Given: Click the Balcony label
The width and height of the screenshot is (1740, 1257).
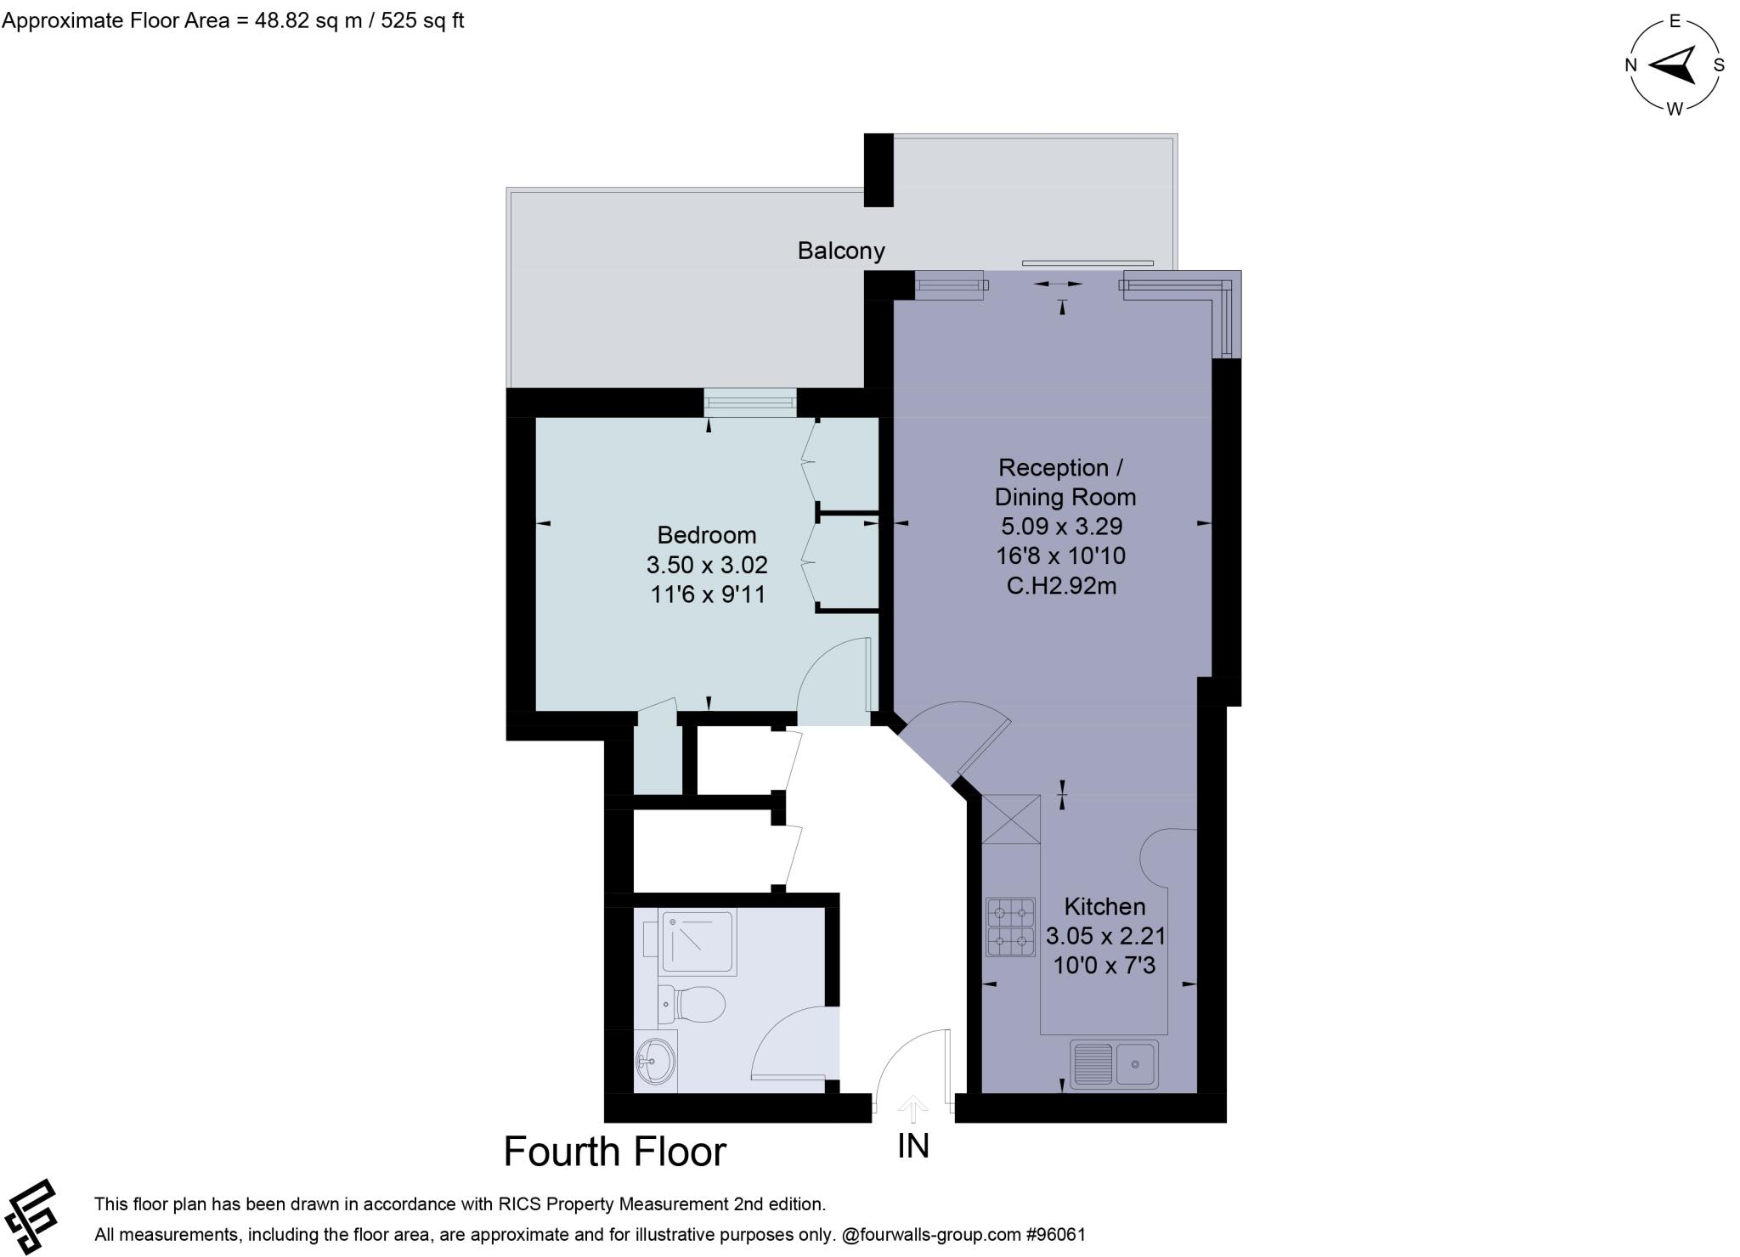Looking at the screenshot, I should point(840,251).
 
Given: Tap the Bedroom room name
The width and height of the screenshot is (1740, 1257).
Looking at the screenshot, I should point(706,535).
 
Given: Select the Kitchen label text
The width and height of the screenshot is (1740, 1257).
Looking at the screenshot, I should point(1104,906).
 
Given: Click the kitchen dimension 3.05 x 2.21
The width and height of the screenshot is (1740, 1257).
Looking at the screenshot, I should point(1104,936).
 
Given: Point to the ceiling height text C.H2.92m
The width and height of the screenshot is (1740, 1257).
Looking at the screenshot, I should point(1061,586).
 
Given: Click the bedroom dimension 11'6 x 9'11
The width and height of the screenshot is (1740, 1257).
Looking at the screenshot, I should point(708,595).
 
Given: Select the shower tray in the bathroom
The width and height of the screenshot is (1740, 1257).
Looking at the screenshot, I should point(698,941).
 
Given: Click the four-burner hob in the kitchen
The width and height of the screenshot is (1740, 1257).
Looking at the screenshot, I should point(1010,927).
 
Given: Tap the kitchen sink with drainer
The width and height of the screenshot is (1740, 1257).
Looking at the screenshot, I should point(1113,1064).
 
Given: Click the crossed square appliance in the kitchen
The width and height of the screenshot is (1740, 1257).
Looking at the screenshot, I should point(1010,819).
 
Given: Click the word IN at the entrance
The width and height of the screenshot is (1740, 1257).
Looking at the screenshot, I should point(913,1147).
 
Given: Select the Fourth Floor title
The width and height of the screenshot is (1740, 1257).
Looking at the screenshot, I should point(614,1153).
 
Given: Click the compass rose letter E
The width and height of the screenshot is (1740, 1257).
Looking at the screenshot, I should point(1675,22).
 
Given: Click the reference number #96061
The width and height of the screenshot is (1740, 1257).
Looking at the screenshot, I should point(1055,1234).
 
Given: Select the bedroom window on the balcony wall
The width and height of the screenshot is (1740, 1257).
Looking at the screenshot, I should point(749,403).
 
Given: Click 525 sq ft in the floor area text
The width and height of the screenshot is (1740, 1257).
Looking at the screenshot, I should point(422,20).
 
